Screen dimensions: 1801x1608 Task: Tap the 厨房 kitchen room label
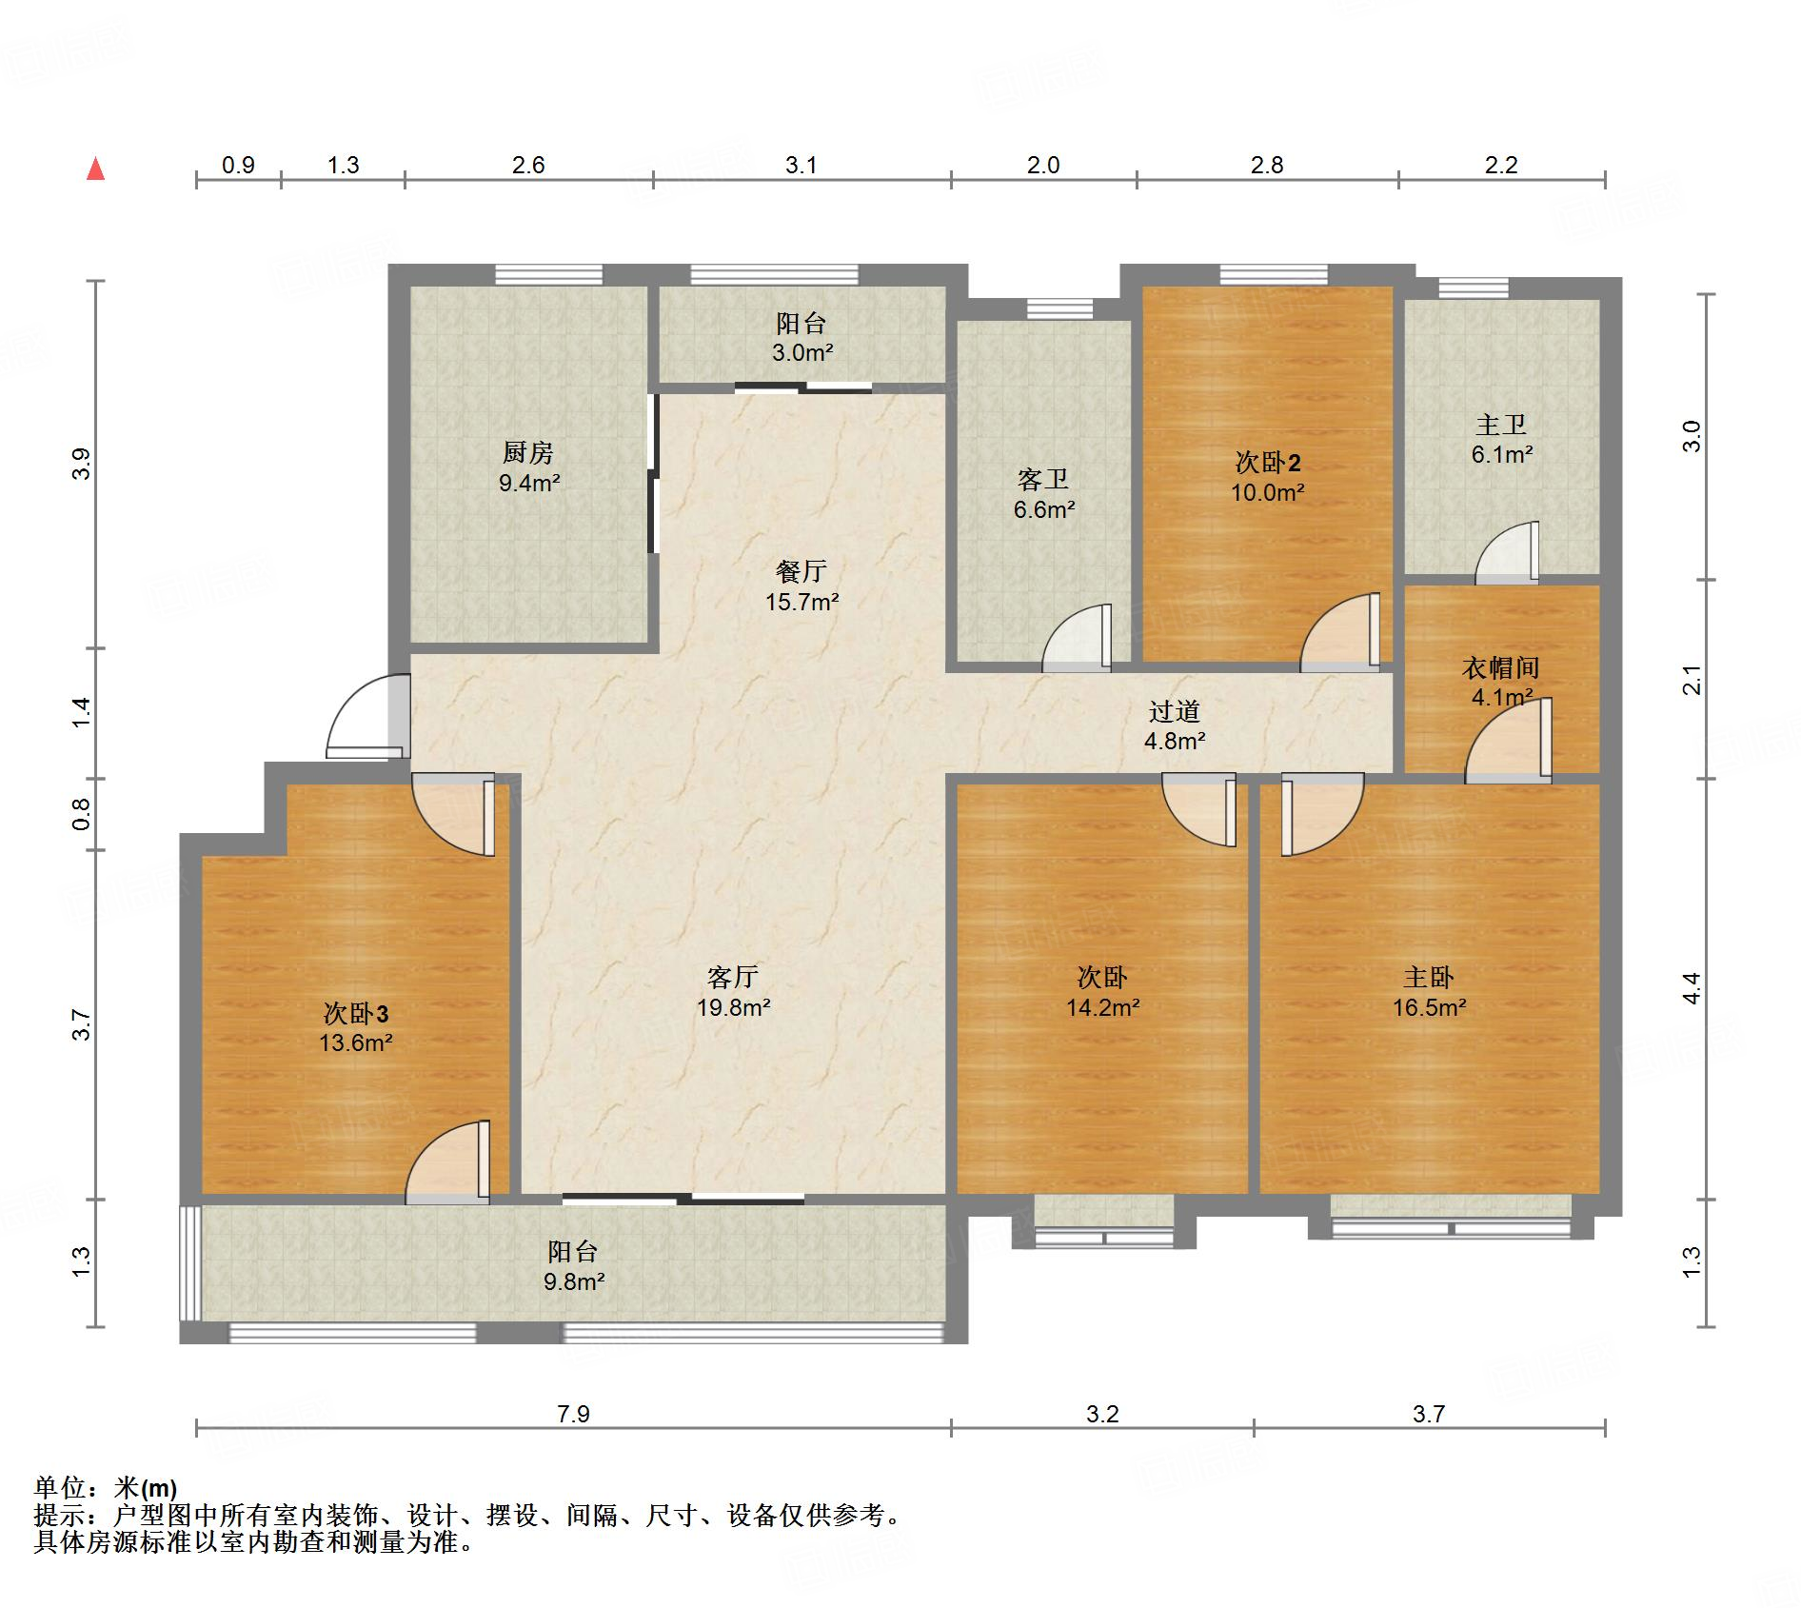pos(528,452)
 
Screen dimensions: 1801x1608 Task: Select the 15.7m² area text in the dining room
pos(802,602)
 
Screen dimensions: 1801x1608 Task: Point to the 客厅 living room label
pos(733,977)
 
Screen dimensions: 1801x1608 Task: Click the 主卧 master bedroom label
pos(1429,977)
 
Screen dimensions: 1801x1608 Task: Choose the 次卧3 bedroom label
pos(356,1012)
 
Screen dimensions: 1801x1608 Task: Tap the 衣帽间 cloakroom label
pos(1501,667)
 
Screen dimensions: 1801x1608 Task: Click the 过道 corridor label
pos(1175,711)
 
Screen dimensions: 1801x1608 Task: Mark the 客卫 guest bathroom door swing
pos(1077,638)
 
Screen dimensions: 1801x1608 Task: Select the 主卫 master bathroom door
pos(1507,553)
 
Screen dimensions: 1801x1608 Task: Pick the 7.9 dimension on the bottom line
pos(573,1414)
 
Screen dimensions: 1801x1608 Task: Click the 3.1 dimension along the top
pos(802,165)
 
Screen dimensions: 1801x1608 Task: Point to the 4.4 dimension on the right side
pos(1691,988)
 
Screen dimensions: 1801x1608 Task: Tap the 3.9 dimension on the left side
pos(81,464)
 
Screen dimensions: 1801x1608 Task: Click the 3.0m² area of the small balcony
pos(802,353)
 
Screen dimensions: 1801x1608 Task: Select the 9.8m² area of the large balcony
pos(574,1282)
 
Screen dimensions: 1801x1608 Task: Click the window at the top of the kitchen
pos(549,275)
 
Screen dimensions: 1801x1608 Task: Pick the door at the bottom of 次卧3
pos(447,1162)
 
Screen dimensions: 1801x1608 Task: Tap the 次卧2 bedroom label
pos(1268,463)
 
